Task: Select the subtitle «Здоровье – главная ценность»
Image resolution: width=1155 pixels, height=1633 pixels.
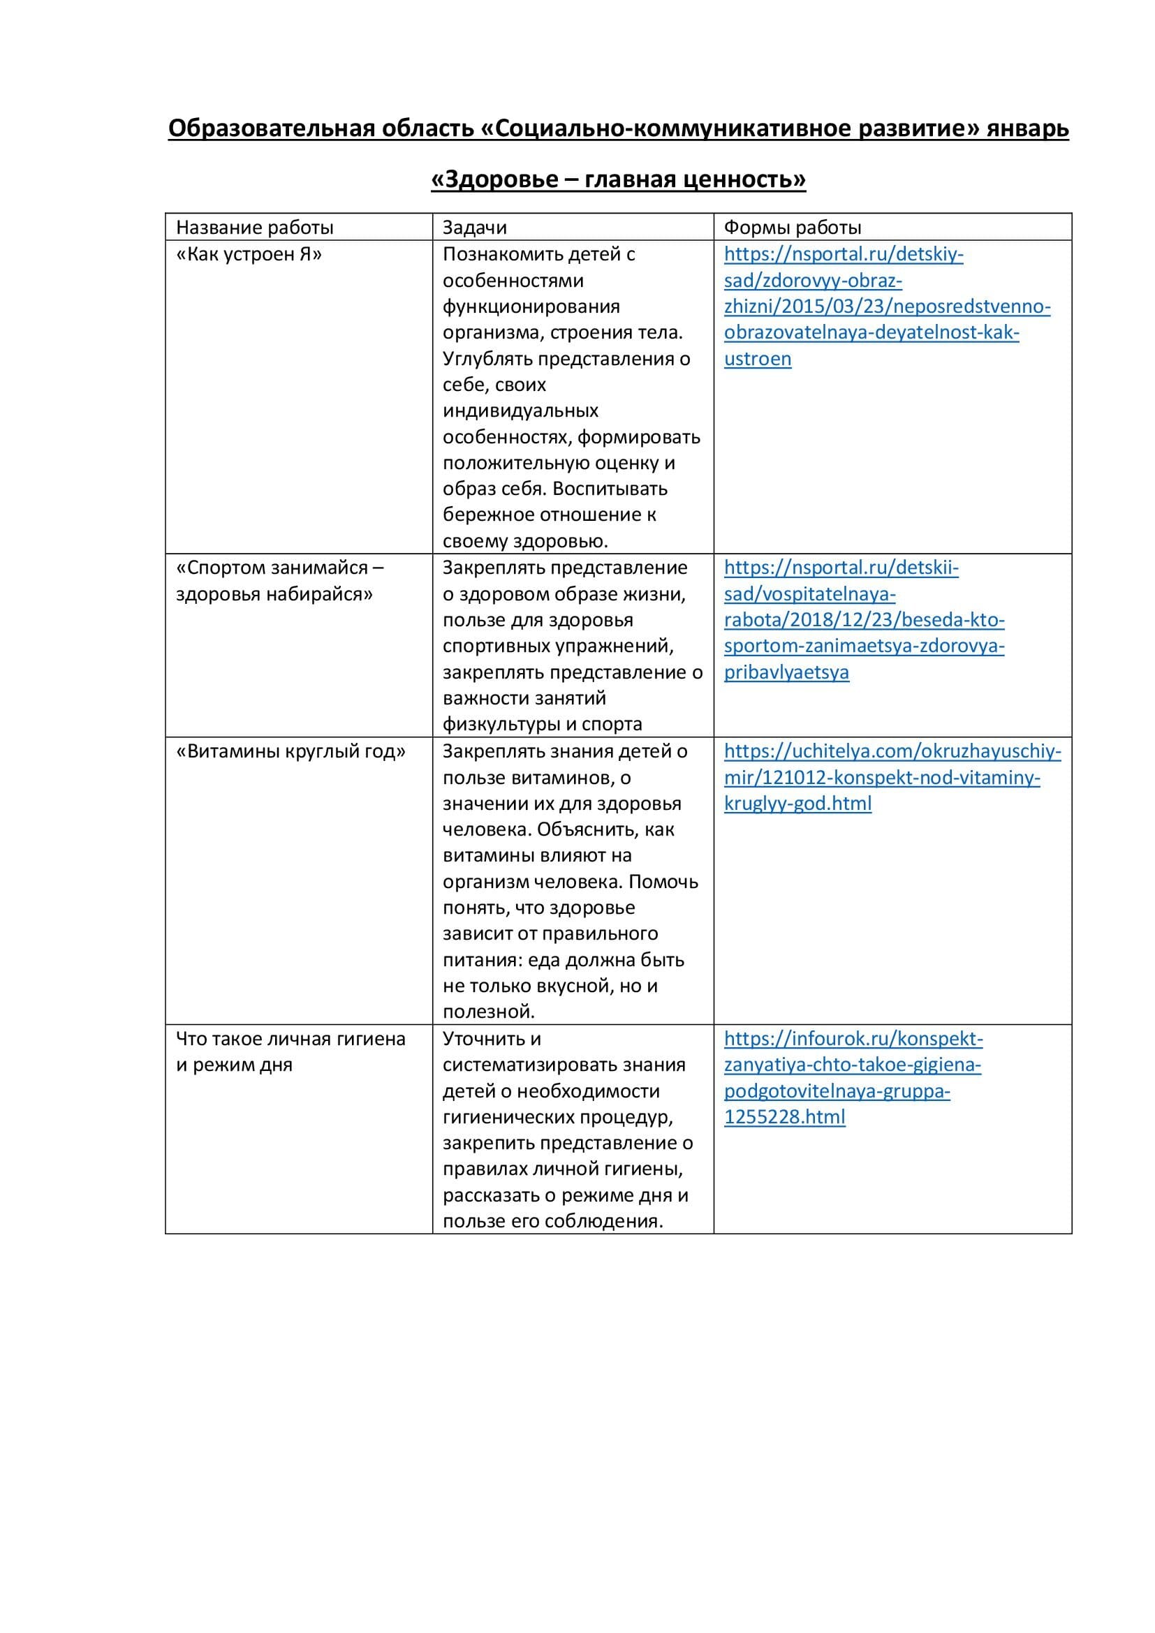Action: (618, 179)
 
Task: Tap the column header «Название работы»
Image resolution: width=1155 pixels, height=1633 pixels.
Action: (255, 228)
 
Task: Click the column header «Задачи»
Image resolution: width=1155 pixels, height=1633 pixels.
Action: (474, 228)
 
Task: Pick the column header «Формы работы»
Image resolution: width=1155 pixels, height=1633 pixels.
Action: (793, 228)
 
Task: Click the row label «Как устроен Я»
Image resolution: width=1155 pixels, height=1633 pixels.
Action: (249, 255)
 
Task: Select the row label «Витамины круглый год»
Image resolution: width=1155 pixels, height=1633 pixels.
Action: (291, 752)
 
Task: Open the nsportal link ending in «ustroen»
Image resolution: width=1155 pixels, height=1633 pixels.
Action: (758, 359)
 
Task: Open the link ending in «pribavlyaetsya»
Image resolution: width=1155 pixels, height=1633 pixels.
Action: (786, 673)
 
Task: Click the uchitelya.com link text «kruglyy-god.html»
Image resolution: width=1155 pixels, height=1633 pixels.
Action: (797, 804)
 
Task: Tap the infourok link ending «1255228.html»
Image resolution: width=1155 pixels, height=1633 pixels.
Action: (784, 1117)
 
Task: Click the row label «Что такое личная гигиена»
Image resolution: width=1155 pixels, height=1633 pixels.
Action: (290, 1039)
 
